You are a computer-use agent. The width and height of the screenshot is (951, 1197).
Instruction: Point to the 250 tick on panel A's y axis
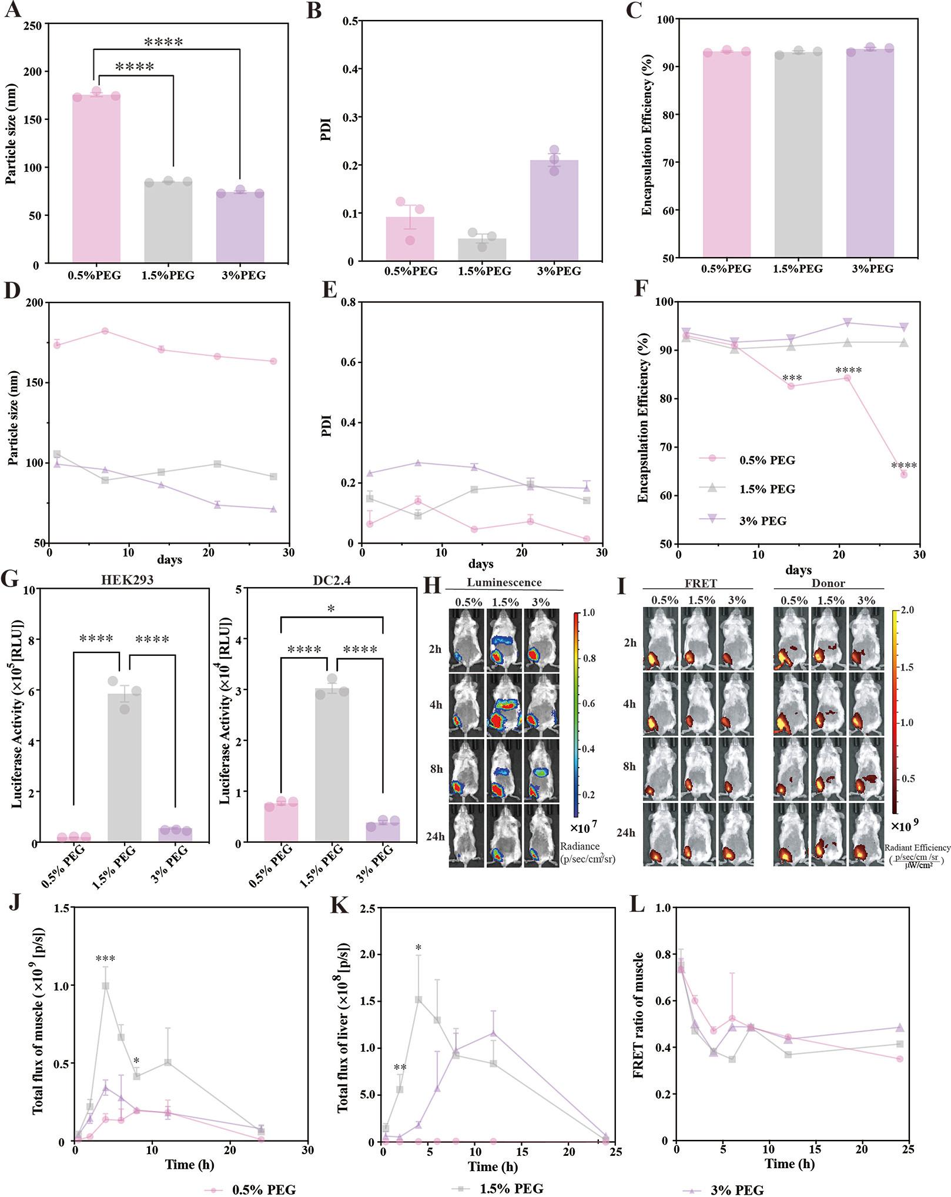point(33,25)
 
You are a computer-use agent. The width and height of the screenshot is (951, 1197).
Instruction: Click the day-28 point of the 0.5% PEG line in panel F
point(903,475)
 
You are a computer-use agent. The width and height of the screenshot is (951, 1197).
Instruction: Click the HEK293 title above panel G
point(127,579)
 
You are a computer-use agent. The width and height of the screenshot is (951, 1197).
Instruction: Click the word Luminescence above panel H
point(504,583)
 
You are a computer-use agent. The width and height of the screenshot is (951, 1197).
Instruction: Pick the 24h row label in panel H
point(436,836)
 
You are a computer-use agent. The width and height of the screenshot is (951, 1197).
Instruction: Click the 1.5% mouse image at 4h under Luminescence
point(504,705)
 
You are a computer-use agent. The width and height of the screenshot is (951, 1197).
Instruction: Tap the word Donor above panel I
point(828,584)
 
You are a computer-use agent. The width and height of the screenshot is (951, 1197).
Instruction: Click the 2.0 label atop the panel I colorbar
point(907,610)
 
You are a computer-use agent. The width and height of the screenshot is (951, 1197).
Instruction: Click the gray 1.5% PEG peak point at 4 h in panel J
point(106,986)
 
